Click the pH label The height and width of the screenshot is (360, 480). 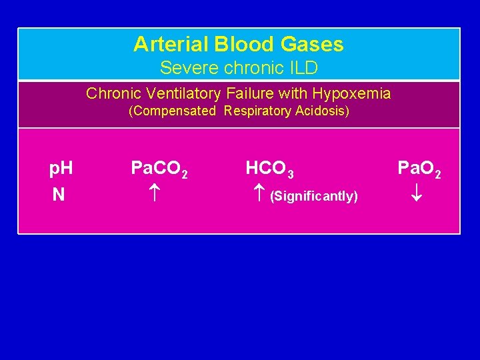pyautogui.click(x=61, y=169)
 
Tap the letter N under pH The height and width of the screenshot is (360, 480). pyautogui.click(x=59, y=195)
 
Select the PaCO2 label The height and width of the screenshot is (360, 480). pyautogui.click(x=159, y=169)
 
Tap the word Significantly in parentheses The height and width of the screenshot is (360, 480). pyautogui.click(x=313, y=196)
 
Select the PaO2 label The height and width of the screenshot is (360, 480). pyautogui.click(x=419, y=169)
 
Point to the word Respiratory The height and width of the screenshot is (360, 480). pyautogui.click(x=257, y=111)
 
